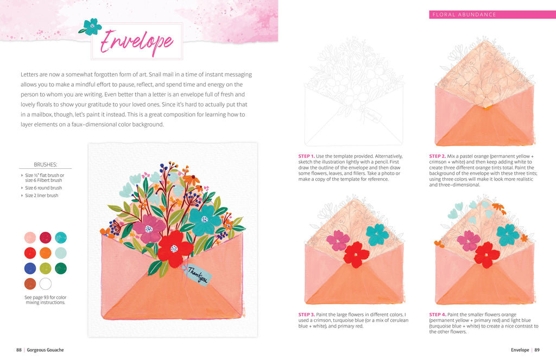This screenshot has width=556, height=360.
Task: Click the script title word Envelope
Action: coord(137,42)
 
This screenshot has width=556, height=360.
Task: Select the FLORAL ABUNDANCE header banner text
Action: coord(464,15)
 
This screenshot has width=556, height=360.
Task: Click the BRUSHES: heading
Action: coord(46,165)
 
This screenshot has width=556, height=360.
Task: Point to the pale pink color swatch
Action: coord(30,238)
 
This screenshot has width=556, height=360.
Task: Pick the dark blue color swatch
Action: coord(30,268)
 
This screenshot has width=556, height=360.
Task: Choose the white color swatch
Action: coord(46,284)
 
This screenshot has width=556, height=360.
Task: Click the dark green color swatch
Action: coord(61,268)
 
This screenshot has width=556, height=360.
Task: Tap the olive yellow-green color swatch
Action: coord(46,268)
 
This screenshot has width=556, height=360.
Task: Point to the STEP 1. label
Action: coord(306,156)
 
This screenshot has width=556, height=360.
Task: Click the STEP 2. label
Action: coord(437,156)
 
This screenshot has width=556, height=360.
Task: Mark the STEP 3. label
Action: coord(306,314)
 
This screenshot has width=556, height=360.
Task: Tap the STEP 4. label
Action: coord(438,314)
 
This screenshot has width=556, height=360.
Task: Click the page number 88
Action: coord(19,350)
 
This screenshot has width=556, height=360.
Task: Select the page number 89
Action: coord(537,350)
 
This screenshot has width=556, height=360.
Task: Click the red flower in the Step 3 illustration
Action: coord(356,255)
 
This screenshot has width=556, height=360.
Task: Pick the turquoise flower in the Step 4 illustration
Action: coord(508,235)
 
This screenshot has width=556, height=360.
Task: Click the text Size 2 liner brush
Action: coord(41,195)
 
